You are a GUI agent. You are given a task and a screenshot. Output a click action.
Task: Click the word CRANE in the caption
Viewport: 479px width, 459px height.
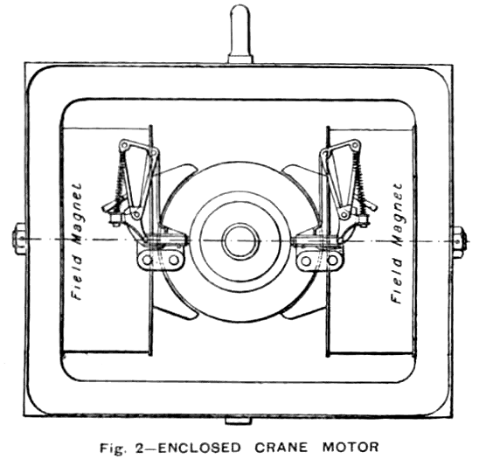click(x=281, y=448)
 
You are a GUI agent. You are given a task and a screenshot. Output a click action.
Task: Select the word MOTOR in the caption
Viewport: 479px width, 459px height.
click(x=351, y=448)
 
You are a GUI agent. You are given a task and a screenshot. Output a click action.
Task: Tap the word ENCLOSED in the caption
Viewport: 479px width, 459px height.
click(x=199, y=448)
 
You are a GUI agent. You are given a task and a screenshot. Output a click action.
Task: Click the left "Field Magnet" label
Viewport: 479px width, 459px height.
click(x=76, y=241)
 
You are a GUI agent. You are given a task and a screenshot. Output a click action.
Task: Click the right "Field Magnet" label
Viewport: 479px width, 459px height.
click(x=397, y=243)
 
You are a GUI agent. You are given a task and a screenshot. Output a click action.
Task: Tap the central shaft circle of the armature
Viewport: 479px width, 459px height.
click(x=240, y=241)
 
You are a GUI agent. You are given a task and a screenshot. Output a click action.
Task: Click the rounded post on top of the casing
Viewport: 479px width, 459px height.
click(x=240, y=33)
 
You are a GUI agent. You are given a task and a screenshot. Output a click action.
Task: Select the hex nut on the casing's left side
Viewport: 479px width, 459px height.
click(x=18, y=239)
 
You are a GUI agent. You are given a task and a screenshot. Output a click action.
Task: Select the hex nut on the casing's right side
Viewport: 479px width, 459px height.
click(x=459, y=242)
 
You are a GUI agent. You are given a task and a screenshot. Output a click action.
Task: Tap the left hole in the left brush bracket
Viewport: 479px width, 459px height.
click(x=148, y=261)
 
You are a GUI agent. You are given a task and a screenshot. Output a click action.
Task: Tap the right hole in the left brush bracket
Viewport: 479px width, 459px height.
click(x=174, y=261)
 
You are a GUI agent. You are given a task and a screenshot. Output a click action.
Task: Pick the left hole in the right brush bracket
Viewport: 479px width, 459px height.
click(x=306, y=261)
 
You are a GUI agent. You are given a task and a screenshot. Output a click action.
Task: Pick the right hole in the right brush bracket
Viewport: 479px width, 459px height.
click(x=332, y=261)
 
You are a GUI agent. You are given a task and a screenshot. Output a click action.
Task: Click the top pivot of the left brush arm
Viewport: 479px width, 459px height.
click(x=124, y=145)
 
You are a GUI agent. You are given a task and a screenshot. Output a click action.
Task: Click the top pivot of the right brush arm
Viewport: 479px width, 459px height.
click(x=355, y=145)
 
